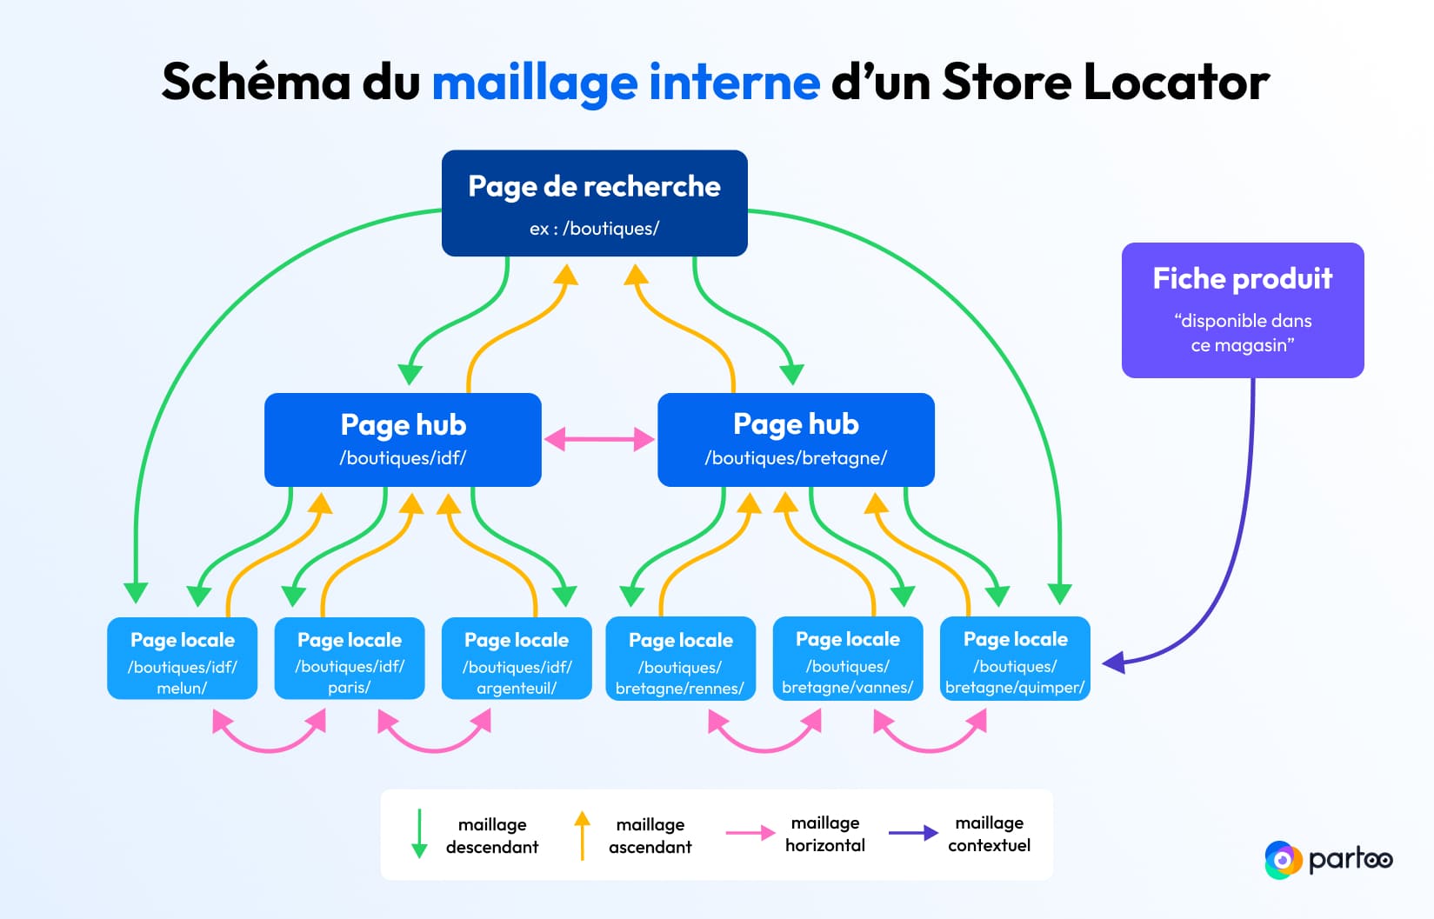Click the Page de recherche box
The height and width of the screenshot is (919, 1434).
click(594, 203)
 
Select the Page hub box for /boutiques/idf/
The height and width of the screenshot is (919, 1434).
click(403, 439)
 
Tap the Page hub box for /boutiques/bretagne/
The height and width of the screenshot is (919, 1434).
click(796, 439)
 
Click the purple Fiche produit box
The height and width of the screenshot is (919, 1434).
click(1242, 310)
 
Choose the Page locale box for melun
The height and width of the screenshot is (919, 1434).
click(182, 658)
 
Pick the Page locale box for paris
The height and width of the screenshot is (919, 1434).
click(349, 658)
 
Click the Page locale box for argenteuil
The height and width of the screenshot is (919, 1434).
click(517, 658)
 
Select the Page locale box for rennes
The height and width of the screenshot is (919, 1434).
click(680, 658)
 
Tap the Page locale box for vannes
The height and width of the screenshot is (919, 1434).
click(847, 658)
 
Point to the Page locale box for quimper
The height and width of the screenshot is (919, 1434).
click(1015, 658)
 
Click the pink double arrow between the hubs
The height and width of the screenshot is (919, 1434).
click(599, 439)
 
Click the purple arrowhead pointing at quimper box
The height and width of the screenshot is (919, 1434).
click(1114, 663)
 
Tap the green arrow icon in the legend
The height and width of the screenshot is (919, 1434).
click(419, 834)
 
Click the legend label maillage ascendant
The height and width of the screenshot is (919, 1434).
click(650, 836)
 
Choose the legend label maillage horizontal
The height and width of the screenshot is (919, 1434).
click(824, 834)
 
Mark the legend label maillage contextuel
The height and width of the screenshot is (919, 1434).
click(989, 834)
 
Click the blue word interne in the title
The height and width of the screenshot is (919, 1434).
click(734, 83)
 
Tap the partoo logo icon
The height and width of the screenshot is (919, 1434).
click(1282, 860)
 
